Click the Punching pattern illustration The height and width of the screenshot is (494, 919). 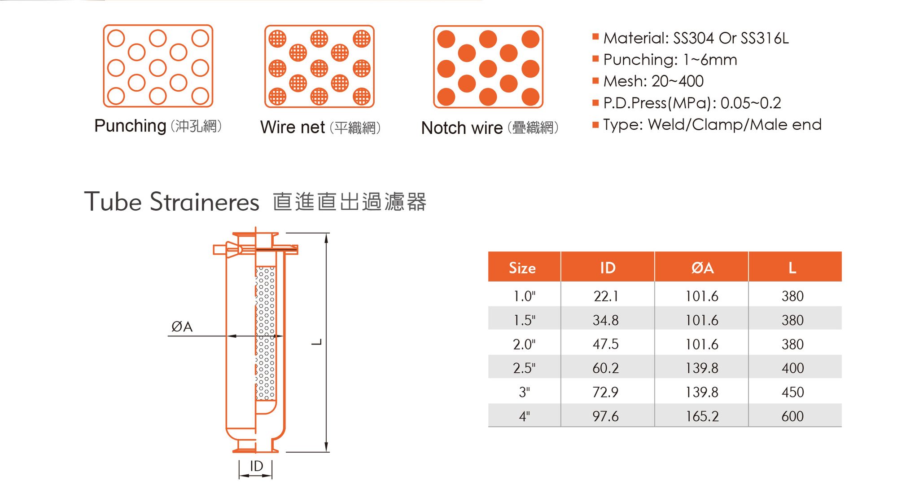158,66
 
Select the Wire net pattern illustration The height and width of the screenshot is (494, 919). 319,66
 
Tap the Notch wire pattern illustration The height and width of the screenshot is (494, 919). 488,67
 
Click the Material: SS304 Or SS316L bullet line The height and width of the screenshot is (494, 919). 695,38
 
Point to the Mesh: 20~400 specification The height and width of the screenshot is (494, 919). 653,81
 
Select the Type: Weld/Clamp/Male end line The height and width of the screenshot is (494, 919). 712,124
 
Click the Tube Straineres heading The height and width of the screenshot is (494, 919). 172,202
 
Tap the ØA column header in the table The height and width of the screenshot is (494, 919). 702,268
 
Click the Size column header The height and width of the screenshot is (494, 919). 522,268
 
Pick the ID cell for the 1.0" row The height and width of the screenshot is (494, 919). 606,296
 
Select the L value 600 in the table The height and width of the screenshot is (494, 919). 792,416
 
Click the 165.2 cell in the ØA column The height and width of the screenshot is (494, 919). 702,416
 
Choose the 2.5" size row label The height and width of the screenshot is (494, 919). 524,368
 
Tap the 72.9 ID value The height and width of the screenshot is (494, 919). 605,392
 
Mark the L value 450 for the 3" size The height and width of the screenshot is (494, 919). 792,392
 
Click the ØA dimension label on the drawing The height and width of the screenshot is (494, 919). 182,327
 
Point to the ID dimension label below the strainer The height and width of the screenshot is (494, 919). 256,466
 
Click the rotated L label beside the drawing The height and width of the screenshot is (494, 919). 317,342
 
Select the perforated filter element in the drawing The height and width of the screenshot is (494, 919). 266,332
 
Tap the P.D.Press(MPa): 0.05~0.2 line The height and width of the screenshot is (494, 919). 691,103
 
